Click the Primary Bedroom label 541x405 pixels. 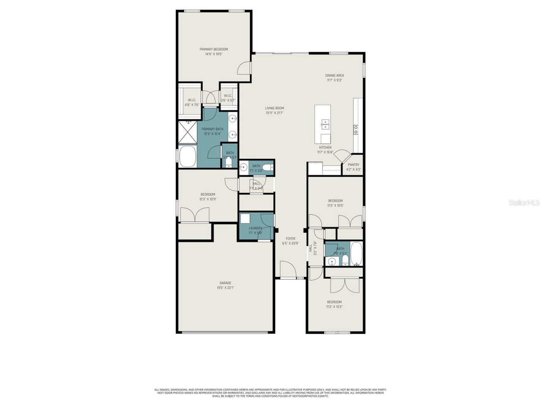[213, 49]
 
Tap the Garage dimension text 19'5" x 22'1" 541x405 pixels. [225, 288]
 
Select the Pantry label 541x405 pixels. [353, 165]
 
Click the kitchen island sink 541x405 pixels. [325, 124]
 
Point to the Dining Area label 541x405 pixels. [334, 76]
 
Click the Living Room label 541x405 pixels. [274, 108]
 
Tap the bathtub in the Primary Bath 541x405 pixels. [188, 156]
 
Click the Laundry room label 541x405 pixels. [255, 228]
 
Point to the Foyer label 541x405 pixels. [290, 239]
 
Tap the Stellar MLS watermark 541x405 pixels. [524, 203]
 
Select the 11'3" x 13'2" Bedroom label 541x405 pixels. [334, 302]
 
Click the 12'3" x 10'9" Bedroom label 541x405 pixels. [208, 194]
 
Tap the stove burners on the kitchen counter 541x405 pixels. [356, 129]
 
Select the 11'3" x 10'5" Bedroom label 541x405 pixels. [335, 201]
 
